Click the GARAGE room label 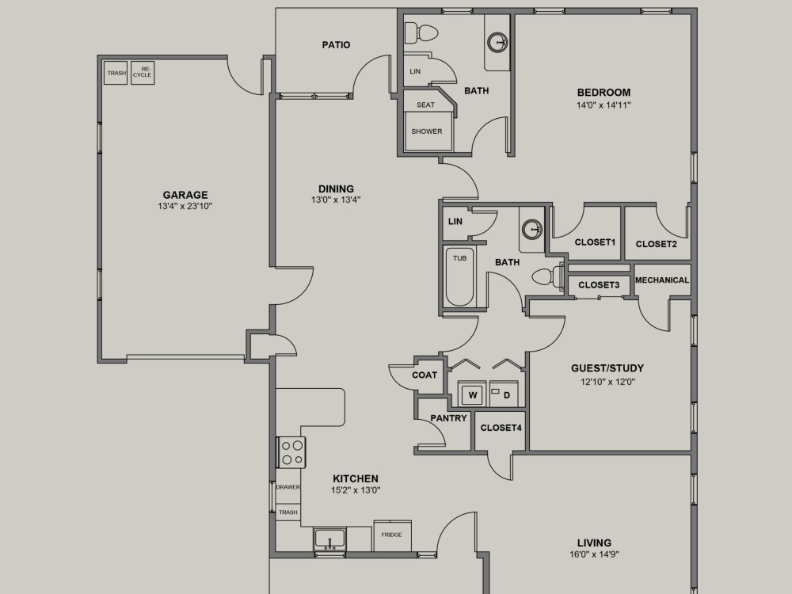[185, 195]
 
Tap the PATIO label [336, 45]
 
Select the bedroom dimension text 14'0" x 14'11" [604, 105]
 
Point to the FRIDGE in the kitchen [392, 535]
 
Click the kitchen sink [329, 539]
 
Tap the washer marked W [472, 394]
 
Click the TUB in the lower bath [459, 276]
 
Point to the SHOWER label [427, 131]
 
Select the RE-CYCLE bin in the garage [143, 73]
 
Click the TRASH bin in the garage [116, 73]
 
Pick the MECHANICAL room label [661, 280]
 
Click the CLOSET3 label [599, 285]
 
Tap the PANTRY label [448, 418]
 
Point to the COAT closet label [425, 375]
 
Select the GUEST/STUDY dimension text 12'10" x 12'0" [607, 383]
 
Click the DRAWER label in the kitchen [288, 487]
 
